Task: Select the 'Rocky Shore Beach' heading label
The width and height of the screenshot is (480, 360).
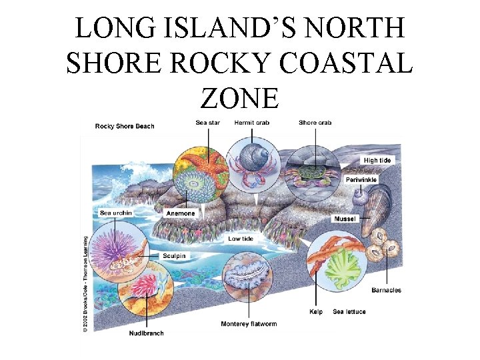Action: coord(125,126)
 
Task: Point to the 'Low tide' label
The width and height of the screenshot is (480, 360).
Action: coord(240,238)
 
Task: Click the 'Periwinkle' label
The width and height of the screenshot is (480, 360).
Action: coord(361,179)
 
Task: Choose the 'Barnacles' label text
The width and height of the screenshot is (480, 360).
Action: coord(386,290)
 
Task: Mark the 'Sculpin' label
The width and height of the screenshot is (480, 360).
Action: coord(173,255)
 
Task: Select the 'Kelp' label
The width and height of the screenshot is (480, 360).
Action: coord(317,311)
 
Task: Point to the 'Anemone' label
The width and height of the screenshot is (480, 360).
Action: coord(181,213)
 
